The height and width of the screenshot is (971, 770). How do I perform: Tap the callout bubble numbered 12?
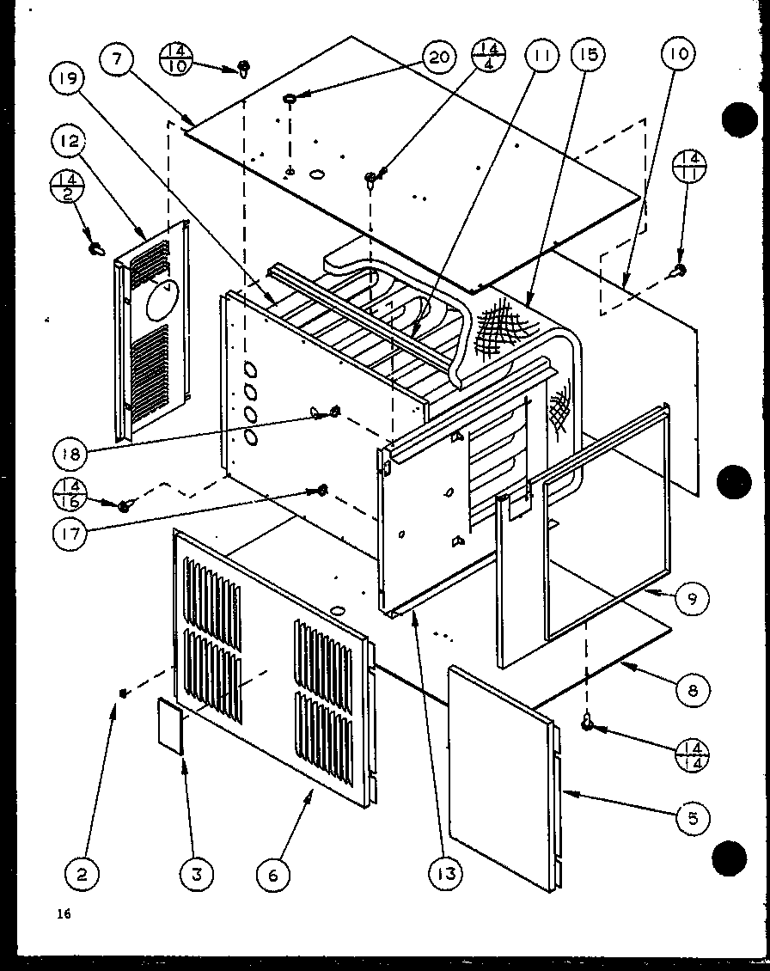point(70,141)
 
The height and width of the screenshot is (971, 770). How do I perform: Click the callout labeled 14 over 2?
point(72,189)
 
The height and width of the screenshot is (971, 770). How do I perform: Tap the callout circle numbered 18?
point(72,452)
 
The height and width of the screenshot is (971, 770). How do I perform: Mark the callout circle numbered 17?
point(72,534)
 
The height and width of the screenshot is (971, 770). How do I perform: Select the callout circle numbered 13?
point(445,874)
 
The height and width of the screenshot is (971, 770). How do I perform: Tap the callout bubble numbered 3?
point(197,875)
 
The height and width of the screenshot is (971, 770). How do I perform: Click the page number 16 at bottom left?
point(64,913)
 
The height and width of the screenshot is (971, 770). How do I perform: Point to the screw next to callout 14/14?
point(589,724)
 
